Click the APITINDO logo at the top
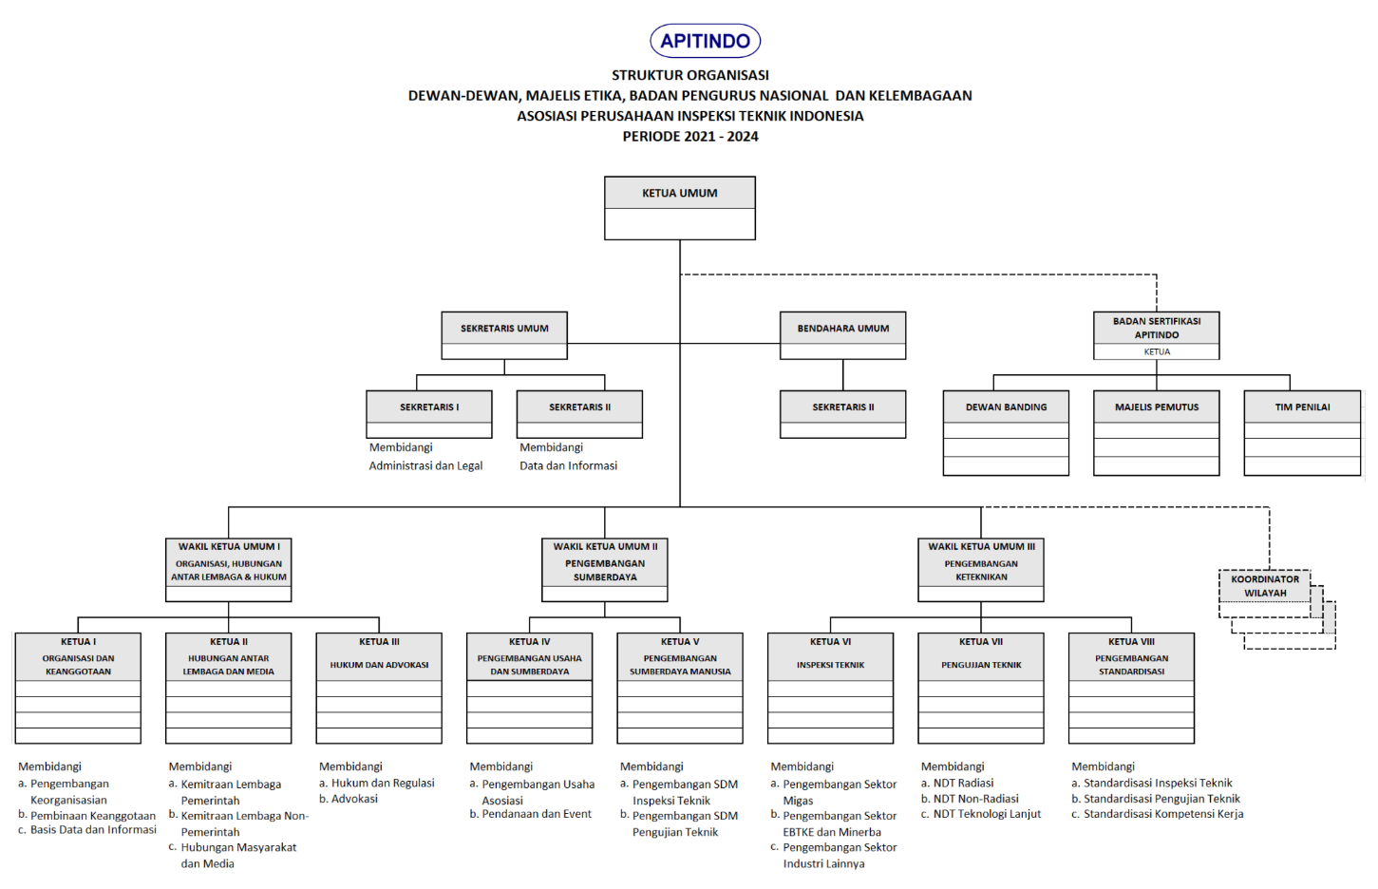705,41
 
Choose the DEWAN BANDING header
1006,407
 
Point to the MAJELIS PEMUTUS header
1156,407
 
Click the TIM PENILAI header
1302,407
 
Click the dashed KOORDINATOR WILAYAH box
1265,587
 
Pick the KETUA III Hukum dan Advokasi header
379,655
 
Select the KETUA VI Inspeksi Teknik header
830,655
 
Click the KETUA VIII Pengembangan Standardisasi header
1131,655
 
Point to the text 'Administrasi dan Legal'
425,466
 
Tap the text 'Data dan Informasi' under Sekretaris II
568,466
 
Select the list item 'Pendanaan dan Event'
537,814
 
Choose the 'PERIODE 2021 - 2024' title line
690,137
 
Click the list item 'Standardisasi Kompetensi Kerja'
1163,814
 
